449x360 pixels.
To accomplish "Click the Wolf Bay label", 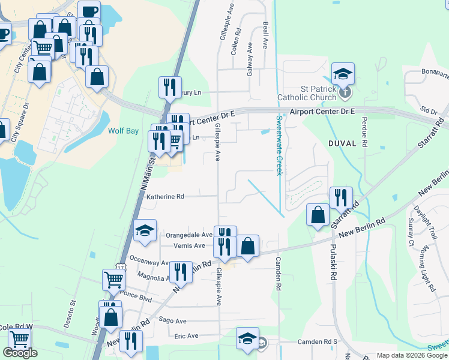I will [x=124, y=130].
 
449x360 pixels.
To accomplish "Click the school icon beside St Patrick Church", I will [x=343, y=74].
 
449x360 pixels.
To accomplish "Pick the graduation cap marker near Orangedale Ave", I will [x=145, y=232].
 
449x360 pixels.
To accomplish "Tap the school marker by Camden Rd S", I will [x=247, y=339].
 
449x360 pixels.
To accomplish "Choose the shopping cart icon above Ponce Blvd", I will [x=113, y=279].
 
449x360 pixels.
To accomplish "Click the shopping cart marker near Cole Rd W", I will [x=19, y=340].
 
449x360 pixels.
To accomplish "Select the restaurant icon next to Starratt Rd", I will [x=341, y=198].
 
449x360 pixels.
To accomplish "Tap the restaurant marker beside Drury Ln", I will [x=170, y=87].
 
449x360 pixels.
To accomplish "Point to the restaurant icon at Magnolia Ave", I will [x=180, y=272].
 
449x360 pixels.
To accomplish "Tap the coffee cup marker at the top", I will [x=89, y=12].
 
